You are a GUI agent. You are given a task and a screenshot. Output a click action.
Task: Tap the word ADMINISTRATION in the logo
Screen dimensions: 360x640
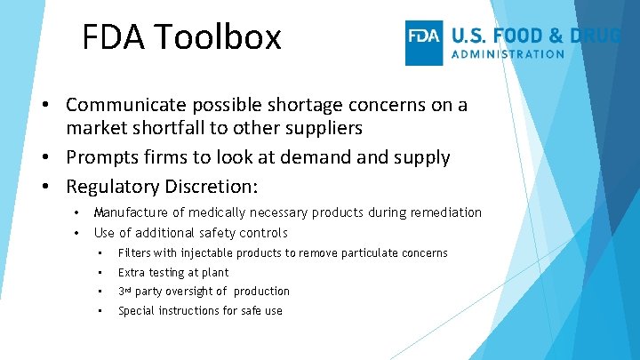[508, 53]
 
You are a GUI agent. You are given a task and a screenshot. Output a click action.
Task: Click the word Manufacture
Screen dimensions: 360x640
[132, 212]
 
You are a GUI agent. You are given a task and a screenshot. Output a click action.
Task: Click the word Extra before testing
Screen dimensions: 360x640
[132, 273]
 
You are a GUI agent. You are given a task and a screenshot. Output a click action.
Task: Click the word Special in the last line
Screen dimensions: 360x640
[137, 311]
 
